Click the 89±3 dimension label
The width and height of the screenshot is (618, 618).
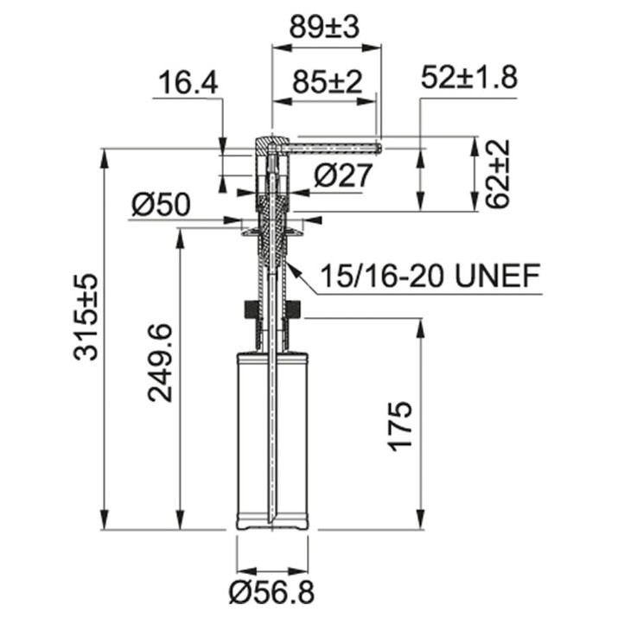[324, 28]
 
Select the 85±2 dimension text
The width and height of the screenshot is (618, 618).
[327, 82]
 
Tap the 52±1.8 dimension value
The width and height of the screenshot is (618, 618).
[469, 77]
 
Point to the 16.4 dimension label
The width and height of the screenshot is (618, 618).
[188, 83]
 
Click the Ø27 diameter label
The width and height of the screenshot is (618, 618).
[343, 175]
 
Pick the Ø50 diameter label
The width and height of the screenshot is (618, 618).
[161, 205]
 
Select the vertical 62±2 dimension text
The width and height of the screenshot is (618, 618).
[497, 174]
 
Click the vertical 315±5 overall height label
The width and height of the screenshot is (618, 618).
[85, 317]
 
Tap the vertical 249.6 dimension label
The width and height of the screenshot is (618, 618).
[160, 363]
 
